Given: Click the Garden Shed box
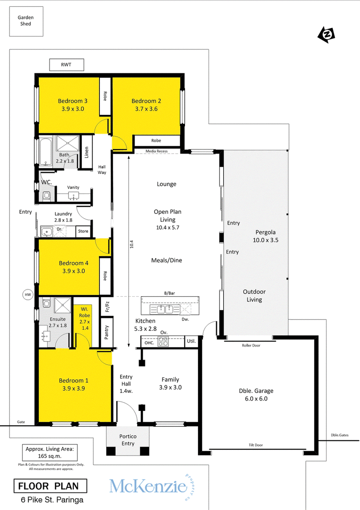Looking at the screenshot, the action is click(x=26, y=21).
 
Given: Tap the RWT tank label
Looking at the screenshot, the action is click(x=66, y=65).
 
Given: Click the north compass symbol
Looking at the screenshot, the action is click(x=326, y=35).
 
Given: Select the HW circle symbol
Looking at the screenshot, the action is click(x=28, y=295).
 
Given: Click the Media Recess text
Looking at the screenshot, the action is click(x=157, y=151).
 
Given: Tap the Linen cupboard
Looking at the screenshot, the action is click(x=86, y=152).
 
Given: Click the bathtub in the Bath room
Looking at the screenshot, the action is click(x=45, y=152).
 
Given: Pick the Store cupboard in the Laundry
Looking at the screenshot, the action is click(x=83, y=231).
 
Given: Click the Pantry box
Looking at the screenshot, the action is click(x=106, y=332).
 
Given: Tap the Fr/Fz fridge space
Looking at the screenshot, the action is click(x=106, y=307).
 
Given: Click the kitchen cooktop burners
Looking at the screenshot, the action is click(x=163, y=342).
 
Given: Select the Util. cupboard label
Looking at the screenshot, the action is click(x=191, y=341).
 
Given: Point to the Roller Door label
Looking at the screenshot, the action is click(x=251, y=345).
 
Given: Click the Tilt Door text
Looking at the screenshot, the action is click(x=256, y=445).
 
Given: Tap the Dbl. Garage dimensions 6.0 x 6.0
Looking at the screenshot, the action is click(x=256, y=399).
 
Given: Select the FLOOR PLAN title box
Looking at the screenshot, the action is click(x=50, y=486).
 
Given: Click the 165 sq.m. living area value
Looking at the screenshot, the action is click(x=50, y=456).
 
